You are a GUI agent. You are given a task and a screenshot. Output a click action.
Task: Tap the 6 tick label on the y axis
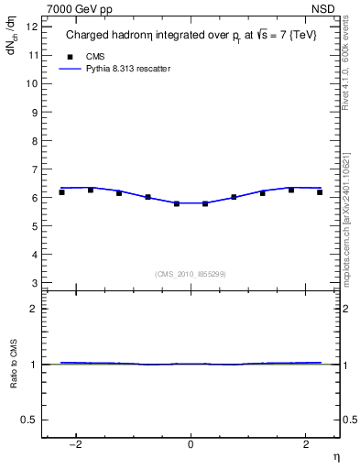pos(34,198)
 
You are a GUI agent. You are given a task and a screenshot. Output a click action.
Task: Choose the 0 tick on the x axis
pos(191,445)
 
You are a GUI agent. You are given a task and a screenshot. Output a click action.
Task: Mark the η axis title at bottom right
pos(334,457)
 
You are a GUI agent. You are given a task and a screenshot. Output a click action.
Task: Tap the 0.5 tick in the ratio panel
pos(28,420)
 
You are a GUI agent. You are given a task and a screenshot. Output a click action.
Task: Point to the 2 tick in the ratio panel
pos(34,310)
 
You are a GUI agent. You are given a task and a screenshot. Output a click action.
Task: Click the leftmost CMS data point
pos(61,192)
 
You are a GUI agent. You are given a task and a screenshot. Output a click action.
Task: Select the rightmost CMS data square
pos(320,192)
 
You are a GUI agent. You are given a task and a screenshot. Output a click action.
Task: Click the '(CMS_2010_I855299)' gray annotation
pos(191,273)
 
